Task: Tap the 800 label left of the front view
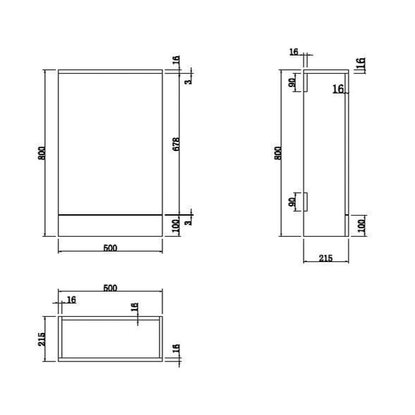42,153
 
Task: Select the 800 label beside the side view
278,153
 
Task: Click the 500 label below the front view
110,248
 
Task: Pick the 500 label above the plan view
110,288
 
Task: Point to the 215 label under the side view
325,258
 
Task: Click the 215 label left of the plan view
41,339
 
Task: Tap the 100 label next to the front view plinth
176,225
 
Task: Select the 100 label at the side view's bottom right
362,225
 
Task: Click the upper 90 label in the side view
292,83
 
